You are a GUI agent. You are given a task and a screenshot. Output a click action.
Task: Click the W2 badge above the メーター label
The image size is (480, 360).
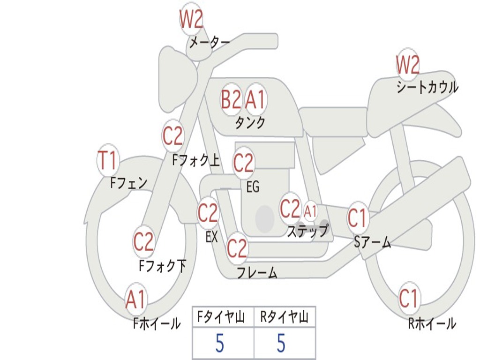click(191, 20)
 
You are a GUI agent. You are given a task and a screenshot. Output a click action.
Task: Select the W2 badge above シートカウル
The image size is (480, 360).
click(407, 65)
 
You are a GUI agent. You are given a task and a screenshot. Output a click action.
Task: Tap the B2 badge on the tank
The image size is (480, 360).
click(231, 99)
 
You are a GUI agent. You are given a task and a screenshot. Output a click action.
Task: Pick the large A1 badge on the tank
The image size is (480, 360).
click(255, 99)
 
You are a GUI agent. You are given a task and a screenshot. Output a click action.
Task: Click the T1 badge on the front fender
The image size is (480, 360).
click(107, 161)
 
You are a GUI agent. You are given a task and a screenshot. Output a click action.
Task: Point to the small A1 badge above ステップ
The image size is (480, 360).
click(310, 211)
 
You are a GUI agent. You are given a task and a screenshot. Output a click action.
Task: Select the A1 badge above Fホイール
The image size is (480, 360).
click(135, 300)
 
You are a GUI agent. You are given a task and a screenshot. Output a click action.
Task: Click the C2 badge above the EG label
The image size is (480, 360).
click(243, 163)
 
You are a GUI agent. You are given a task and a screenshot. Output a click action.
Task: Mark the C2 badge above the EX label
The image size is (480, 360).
click(208, 213)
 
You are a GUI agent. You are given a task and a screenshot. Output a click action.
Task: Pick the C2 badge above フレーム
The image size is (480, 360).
click(237, 248)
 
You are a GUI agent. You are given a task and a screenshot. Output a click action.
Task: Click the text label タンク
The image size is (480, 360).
click(250, 123)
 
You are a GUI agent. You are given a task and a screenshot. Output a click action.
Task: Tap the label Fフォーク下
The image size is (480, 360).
click(163, 266)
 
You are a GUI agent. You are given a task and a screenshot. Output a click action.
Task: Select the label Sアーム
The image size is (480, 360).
click(373, 242)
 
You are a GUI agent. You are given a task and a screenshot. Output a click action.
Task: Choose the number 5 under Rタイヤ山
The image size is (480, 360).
click(281, 344)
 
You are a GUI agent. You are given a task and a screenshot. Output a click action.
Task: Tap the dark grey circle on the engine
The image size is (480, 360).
click(265, 218)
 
